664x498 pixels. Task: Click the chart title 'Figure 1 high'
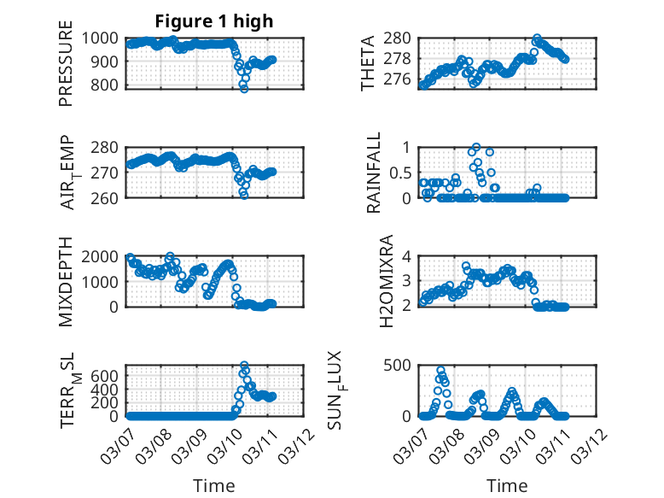[213, 21]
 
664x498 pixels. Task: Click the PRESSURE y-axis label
[66, 70]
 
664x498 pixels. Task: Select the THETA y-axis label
[368, 62]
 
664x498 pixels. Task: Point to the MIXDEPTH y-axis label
[66, 282]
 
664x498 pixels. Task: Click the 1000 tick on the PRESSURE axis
[108, 38]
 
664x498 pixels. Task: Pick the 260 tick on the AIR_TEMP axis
[113, 197]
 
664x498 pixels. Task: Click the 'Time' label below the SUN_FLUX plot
[507, 485]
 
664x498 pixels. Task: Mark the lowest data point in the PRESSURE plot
[244, 88]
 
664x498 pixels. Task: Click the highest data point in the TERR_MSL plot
[244, 366]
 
